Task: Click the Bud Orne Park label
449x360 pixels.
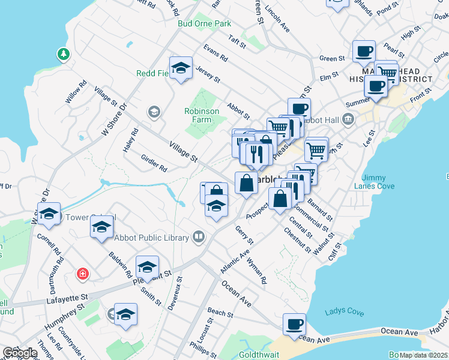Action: click(x=205, y=24)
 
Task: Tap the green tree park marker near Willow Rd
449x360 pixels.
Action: click(x=63, y=55)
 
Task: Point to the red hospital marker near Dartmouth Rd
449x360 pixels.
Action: click(x=82, y=274)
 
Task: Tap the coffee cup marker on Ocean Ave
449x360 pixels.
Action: click(x=294, y=325)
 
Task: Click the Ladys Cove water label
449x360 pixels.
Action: click(x=345, y=312)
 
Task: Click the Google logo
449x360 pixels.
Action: click(x=19, y=353)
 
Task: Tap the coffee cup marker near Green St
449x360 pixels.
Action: click(x=363, y=51)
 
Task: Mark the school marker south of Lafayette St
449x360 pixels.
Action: click(x=126, y=314)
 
